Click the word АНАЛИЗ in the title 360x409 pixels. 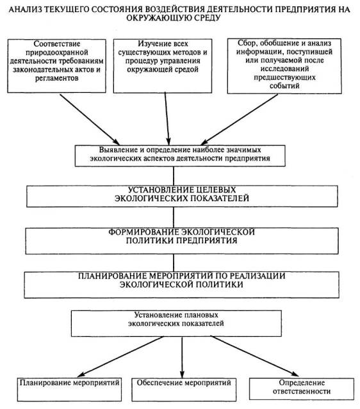(25, 10)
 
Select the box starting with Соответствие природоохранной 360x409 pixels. (56, 66)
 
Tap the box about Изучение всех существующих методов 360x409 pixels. (163, 66)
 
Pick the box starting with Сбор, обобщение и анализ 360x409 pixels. (284, 66)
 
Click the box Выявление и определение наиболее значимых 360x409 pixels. (180, 156)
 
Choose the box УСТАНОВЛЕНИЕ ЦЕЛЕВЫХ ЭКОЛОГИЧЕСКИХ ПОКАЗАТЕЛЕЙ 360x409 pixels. (182, 196)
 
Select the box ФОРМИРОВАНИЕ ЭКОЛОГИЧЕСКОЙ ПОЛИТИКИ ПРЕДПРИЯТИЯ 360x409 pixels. (182, 241)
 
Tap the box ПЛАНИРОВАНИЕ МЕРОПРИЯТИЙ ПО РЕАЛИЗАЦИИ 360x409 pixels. (182, 285)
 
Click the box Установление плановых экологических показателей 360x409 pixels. (176, 323)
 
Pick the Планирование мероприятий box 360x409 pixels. (69, 389)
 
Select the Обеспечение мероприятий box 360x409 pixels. (184, 389)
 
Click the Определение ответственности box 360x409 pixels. (302, 389)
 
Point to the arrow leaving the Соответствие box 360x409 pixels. (90, 120)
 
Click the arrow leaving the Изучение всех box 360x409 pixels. (167, 119)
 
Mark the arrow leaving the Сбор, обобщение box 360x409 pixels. (240, 120)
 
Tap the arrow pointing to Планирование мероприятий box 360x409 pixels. (120, 357)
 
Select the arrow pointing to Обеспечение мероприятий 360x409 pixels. (182, 357)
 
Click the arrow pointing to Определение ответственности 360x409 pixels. (254, 357)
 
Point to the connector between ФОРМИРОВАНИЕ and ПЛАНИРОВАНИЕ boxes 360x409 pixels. (174, 263)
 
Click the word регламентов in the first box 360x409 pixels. (56, 78)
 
